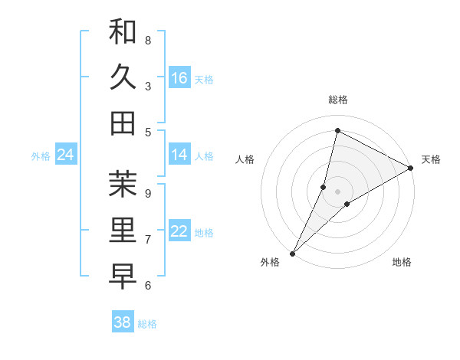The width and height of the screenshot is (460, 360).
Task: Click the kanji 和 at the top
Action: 123,32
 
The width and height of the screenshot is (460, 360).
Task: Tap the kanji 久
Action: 123,77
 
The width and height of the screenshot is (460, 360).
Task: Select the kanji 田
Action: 123,123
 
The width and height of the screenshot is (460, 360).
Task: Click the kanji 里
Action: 123,230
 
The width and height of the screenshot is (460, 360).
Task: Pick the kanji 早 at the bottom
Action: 123,275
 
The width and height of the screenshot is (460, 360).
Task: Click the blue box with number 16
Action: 179,77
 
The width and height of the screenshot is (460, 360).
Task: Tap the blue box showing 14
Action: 179,155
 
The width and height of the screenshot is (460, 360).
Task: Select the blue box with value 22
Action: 179,231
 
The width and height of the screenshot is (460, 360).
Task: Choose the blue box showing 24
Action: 65,155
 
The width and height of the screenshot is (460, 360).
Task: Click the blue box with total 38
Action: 123,322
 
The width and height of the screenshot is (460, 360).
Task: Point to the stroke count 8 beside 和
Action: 148,40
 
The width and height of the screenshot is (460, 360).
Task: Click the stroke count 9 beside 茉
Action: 148,192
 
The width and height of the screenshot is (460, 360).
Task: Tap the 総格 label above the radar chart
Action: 337,100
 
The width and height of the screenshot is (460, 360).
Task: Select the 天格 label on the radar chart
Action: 432,159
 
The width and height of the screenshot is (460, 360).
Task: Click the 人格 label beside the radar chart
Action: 245,159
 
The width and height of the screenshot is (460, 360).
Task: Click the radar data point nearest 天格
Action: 410,168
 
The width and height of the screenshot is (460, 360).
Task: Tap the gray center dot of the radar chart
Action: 337,191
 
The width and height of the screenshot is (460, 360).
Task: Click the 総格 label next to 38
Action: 147,324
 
